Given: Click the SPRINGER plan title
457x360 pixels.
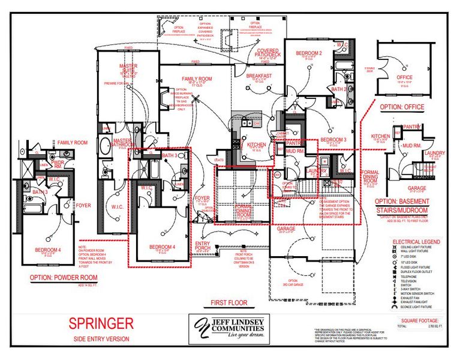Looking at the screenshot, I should click(x=101, y=324).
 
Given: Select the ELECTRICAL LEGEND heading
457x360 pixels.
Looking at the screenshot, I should click(x=416, y=241).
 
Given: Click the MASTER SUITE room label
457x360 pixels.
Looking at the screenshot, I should click(x=128, y=67).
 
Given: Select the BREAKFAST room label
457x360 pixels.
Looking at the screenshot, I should click(x=259, y=75).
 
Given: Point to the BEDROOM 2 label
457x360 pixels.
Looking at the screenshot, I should click(x=309, y=53).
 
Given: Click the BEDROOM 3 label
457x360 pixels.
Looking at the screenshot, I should click(x=333, y=139).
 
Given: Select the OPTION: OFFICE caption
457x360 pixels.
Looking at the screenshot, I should click(x=402, y=107).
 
